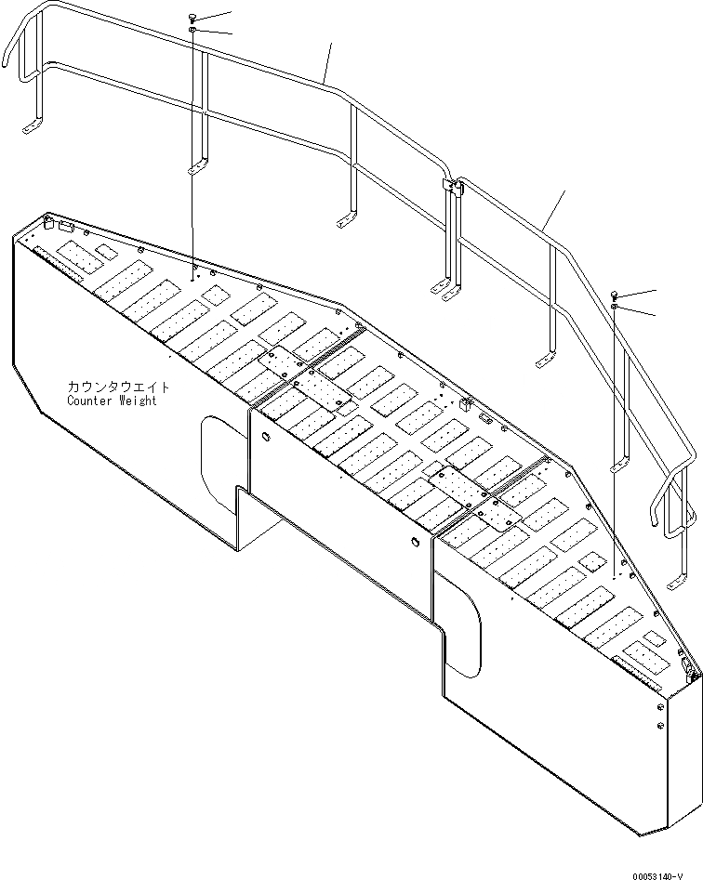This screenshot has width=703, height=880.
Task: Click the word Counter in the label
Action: tap(88, 401)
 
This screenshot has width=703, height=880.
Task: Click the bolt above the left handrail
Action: tap(192, 17)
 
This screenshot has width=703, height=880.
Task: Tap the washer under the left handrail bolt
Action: tap(192, 31)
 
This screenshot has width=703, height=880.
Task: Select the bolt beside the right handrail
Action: tap(615, 295)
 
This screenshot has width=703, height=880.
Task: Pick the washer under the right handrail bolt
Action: tap(615, 308)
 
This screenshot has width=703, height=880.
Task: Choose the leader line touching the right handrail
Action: tap(554, 208)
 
